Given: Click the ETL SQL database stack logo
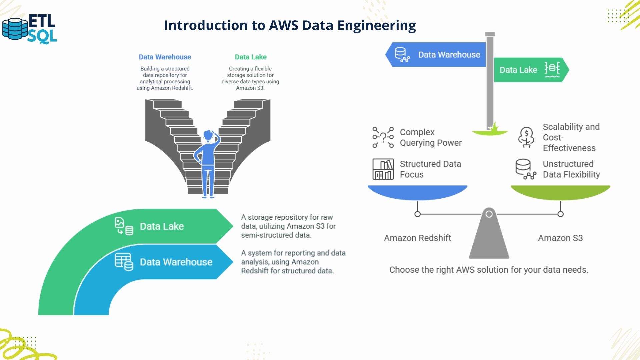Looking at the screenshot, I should [x=15, y=29].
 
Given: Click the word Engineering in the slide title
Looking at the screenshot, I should [x=376, y=25].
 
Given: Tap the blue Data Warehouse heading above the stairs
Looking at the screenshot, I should [x=165, y=57].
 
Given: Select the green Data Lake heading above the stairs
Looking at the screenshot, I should [x=250, y=57].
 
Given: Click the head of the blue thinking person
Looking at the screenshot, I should [x=209, y=136].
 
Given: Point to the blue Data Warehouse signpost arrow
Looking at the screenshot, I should [x=437, y=55].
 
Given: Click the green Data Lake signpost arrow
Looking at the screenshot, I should [x=530, y=70].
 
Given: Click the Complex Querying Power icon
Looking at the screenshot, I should [x=383, y=137].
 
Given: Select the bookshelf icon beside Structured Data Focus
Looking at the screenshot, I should [x=383, y=169].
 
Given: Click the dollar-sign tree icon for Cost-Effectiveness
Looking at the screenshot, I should [x=526, y=137].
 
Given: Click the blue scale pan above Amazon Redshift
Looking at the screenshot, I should [x=417, y=192].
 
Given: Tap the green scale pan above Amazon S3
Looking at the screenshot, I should [x=560, y=192].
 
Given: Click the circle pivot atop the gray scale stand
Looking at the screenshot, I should [x=489, y=214].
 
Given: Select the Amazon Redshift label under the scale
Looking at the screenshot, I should [x=417, y=238].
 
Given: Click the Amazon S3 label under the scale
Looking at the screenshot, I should [x=560, y=238].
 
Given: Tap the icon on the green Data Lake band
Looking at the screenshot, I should [x=124, y=226].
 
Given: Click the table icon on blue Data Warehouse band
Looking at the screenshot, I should [x=124, y=262].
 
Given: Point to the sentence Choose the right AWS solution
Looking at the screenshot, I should [x=489, y=270].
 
